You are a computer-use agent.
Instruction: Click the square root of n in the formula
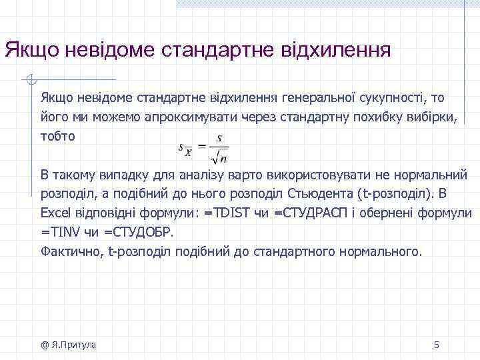click(218, 158)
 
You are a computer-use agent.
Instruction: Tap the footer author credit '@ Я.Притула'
click(68, 345)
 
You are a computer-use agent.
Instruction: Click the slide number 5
click(437, 345)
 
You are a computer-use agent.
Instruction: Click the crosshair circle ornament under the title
click(29, 81)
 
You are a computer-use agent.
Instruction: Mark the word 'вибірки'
click(434, 117)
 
